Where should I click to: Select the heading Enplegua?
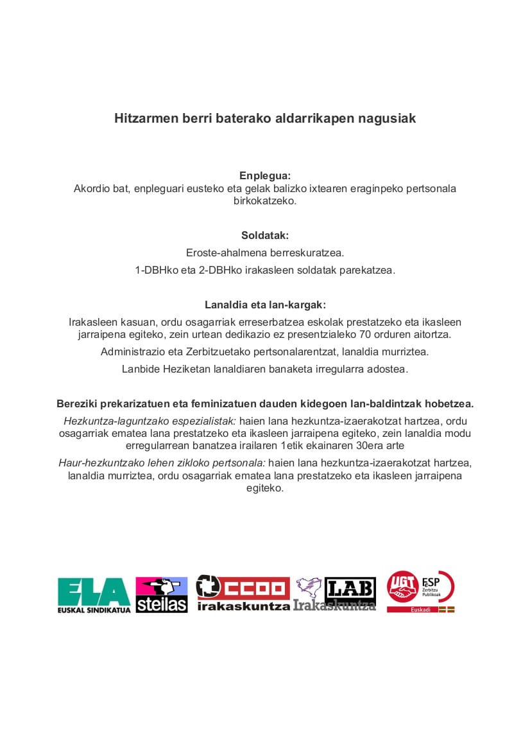click(265, 176)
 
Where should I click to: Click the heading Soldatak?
click(265, 235)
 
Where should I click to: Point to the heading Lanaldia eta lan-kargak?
click(265, 305)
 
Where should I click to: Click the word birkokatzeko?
click(265, 200)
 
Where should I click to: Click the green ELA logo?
click(94, 594)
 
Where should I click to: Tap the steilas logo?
click(162, 595)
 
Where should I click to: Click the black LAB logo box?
click(350, 590)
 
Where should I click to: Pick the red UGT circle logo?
click(402, 587)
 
